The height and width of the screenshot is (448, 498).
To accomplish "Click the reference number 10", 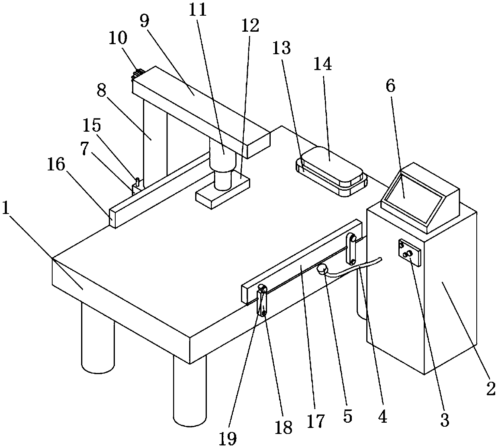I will pos(118,39).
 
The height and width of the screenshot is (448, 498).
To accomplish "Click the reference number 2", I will pos(491,388).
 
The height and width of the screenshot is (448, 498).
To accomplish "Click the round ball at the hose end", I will pos(322,269).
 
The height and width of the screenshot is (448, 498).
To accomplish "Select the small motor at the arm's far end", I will pos(138,73).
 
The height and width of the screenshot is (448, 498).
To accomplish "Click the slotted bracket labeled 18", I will pos(262,301).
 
